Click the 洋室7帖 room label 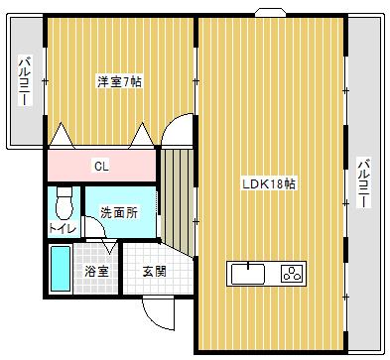tap(118, 81)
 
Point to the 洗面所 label tap(118, 211)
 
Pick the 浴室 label tap(96, 270)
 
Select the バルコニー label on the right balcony tap(364, 183)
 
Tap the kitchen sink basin tap(248, 272)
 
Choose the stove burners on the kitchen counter tap(293, 272)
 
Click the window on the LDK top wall tap(268, 14)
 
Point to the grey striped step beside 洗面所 tap(178, 198)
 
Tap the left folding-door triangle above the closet tap(62, 134)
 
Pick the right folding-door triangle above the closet tap(142, 134)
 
